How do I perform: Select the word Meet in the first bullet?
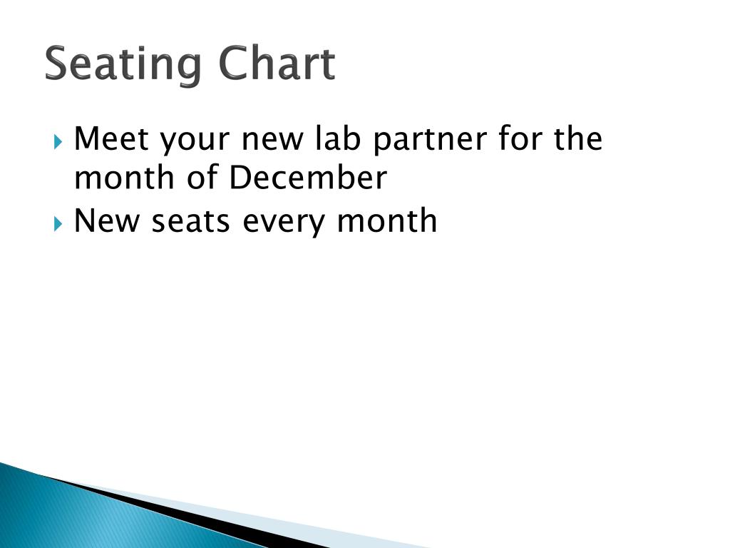[111, 138]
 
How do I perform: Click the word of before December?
[202, 178]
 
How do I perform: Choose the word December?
[307, 178]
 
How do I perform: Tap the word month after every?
[387, 220]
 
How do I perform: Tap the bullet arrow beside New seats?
[58, 222]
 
